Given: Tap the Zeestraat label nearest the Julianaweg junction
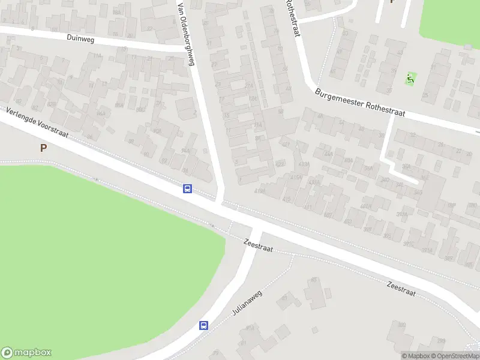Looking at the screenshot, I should click(259, 245).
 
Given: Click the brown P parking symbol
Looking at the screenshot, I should click(43, 148).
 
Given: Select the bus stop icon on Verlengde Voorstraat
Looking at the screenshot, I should click(188, 189).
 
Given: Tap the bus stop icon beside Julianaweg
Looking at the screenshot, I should click(204, 326).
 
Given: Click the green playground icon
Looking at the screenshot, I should click(410, 78).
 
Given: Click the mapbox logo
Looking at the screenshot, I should click(26, 353).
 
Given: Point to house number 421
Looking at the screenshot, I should click(286, 144).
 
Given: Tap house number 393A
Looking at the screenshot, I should click(402, 213).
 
